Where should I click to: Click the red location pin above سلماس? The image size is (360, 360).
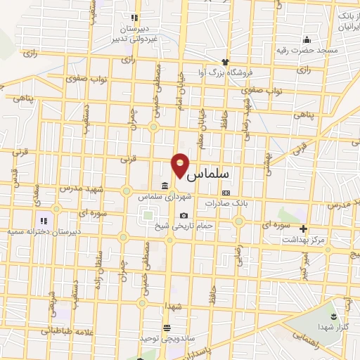(x=180, y=164)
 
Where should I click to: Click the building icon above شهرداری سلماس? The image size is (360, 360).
(x=164, y=186)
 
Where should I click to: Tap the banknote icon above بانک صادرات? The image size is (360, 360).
(x=225, y=192)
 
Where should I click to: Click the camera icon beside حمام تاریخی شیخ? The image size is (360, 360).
(x=184, y=216)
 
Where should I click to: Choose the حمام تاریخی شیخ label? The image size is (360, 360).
(x=190, y=226)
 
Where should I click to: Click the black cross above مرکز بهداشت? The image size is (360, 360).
(x=303, y=229)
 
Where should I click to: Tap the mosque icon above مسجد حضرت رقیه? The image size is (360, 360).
(x=306, y=39)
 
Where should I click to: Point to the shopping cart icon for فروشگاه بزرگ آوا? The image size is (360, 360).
(x=226, y=62)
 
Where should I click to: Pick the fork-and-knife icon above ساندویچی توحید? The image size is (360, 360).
(x=166, y=328)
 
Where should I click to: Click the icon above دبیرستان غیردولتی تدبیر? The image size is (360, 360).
(x=134, y=18)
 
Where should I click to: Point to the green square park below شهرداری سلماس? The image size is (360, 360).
(x=146, y=217)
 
